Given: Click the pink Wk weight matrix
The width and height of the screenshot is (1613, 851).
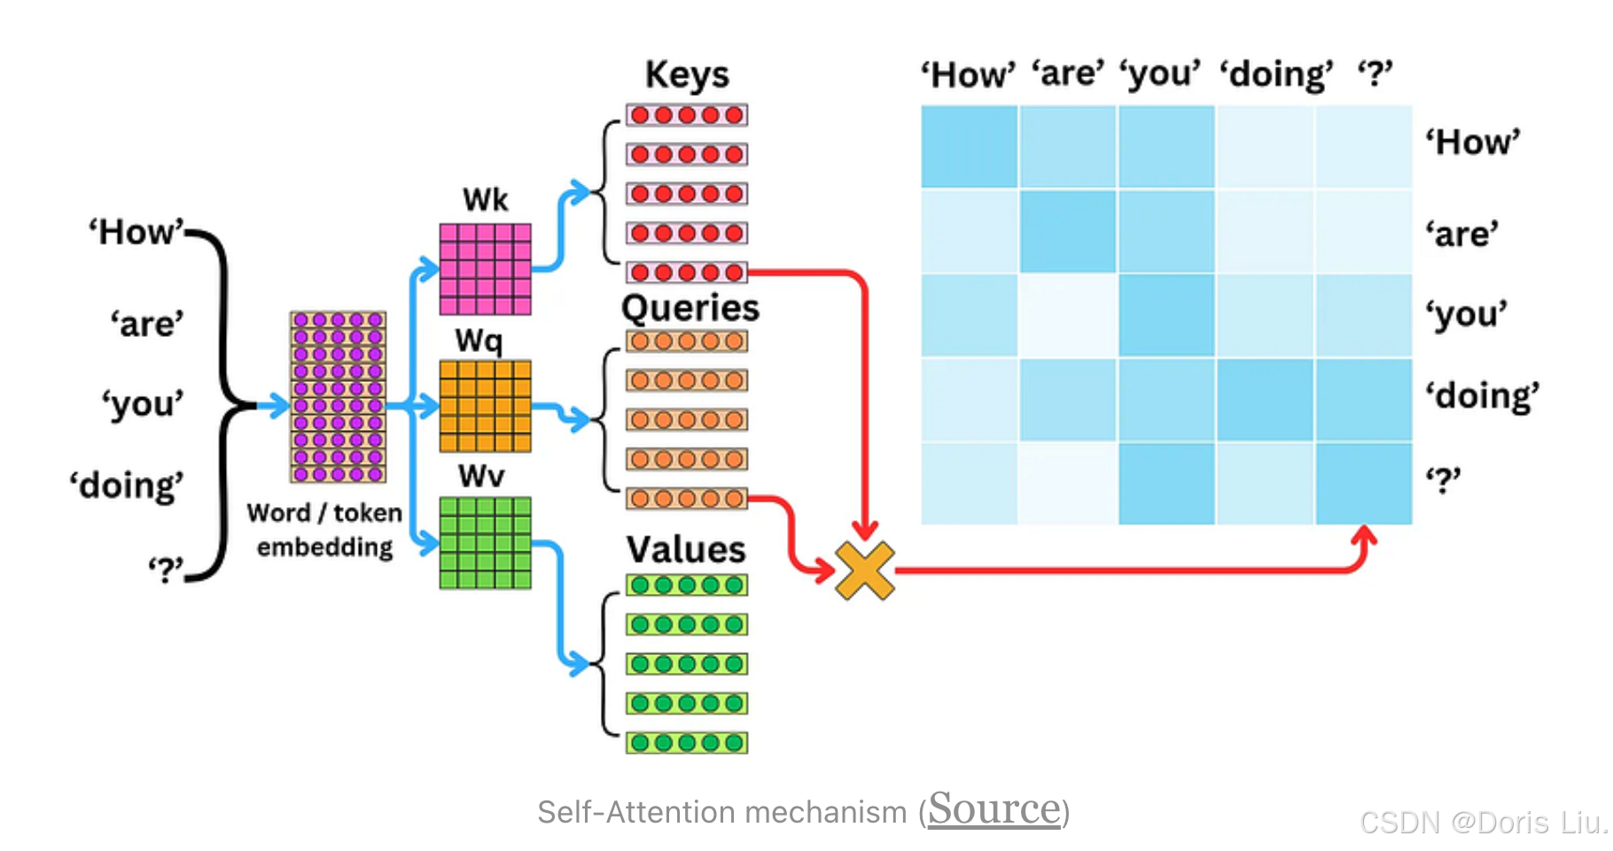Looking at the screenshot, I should coord(485,269).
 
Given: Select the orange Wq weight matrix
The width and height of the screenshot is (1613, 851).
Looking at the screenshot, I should coord(485,406).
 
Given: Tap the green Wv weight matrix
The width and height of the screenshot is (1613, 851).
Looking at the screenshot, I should coord(485,543).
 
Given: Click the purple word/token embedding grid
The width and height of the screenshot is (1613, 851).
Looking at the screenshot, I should coord(338,396).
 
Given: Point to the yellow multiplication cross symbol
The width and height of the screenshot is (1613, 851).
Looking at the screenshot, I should coord(864,570).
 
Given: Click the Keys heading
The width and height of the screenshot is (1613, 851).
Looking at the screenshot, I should coord(687,74).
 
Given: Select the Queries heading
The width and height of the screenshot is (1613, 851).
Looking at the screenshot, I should coord(690,308).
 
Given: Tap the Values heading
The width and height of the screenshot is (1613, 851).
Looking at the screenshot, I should coord(686,550).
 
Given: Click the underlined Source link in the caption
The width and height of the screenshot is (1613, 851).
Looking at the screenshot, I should coord(994,808).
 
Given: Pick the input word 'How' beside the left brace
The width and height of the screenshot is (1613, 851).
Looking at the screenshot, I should coord(136,232).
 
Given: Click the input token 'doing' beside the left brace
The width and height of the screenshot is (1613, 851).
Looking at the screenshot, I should coord(127,486).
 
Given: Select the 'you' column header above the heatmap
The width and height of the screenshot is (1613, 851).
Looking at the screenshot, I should coord(1160,74).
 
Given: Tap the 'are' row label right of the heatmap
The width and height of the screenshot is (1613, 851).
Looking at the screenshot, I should coord(1461,235).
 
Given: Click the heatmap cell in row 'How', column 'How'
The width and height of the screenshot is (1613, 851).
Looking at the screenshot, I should coord(969,146).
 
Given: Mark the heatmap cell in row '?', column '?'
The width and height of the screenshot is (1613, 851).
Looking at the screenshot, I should coord(1363,484).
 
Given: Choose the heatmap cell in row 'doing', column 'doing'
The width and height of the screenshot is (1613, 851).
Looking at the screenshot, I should coord(1265,400).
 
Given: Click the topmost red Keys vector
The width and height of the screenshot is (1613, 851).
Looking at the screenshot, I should coord(687,115).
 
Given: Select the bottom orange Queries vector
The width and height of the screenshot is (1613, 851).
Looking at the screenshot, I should coord(687,499).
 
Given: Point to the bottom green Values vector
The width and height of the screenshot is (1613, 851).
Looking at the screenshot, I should coord(687,743).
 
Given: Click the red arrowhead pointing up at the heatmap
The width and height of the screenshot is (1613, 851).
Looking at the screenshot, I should coord(1364,536).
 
